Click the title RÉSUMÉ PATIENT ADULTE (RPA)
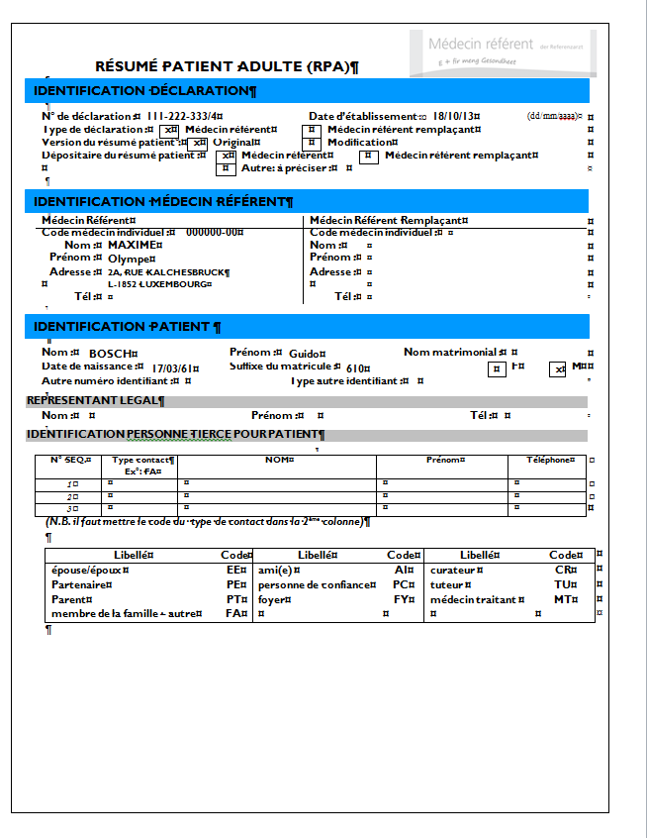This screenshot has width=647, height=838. pos(225,66)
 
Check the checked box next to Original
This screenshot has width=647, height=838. pos(200,143)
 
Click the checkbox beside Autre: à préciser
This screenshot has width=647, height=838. pos(228,168)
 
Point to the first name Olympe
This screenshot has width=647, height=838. pos(127,259)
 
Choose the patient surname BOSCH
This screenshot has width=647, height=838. pos(109,354)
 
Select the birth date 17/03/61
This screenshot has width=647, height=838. pos(168,368)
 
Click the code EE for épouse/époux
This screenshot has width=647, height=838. pos(234,571)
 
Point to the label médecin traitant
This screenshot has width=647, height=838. pos(473,600)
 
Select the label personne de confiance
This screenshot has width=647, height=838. pos(316,585)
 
